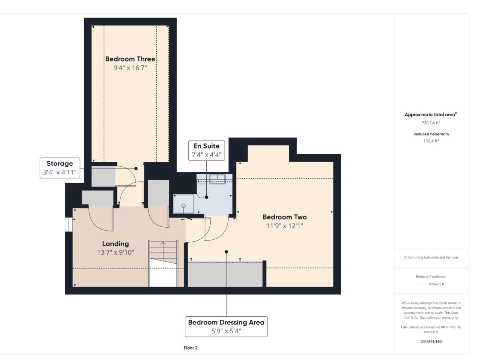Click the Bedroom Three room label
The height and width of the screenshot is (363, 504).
(130, 59)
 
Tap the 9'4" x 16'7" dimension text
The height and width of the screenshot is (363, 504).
(130, 68)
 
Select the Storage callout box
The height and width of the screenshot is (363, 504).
(60, 168)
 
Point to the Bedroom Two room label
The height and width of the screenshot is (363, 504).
(285, 217)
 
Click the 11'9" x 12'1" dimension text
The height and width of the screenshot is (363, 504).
(285, 226)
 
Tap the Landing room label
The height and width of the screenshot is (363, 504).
(115, 244)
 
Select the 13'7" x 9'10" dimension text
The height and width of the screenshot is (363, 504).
(115, 252)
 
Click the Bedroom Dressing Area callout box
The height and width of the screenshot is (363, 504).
(226, 326)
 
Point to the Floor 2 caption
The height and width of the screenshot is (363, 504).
(190, 348)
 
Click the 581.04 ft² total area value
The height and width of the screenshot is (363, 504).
(431, 123)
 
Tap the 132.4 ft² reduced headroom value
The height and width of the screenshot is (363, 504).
(431, 141)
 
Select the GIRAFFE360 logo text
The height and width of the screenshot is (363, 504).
(431, 341)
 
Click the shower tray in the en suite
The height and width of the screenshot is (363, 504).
(183, 204)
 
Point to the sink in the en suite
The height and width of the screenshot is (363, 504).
(217, 179)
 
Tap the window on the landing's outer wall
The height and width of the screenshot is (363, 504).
(69, 225)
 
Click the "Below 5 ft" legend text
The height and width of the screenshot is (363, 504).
(437, 284)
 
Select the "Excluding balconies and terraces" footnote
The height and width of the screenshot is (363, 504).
(431, 257)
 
